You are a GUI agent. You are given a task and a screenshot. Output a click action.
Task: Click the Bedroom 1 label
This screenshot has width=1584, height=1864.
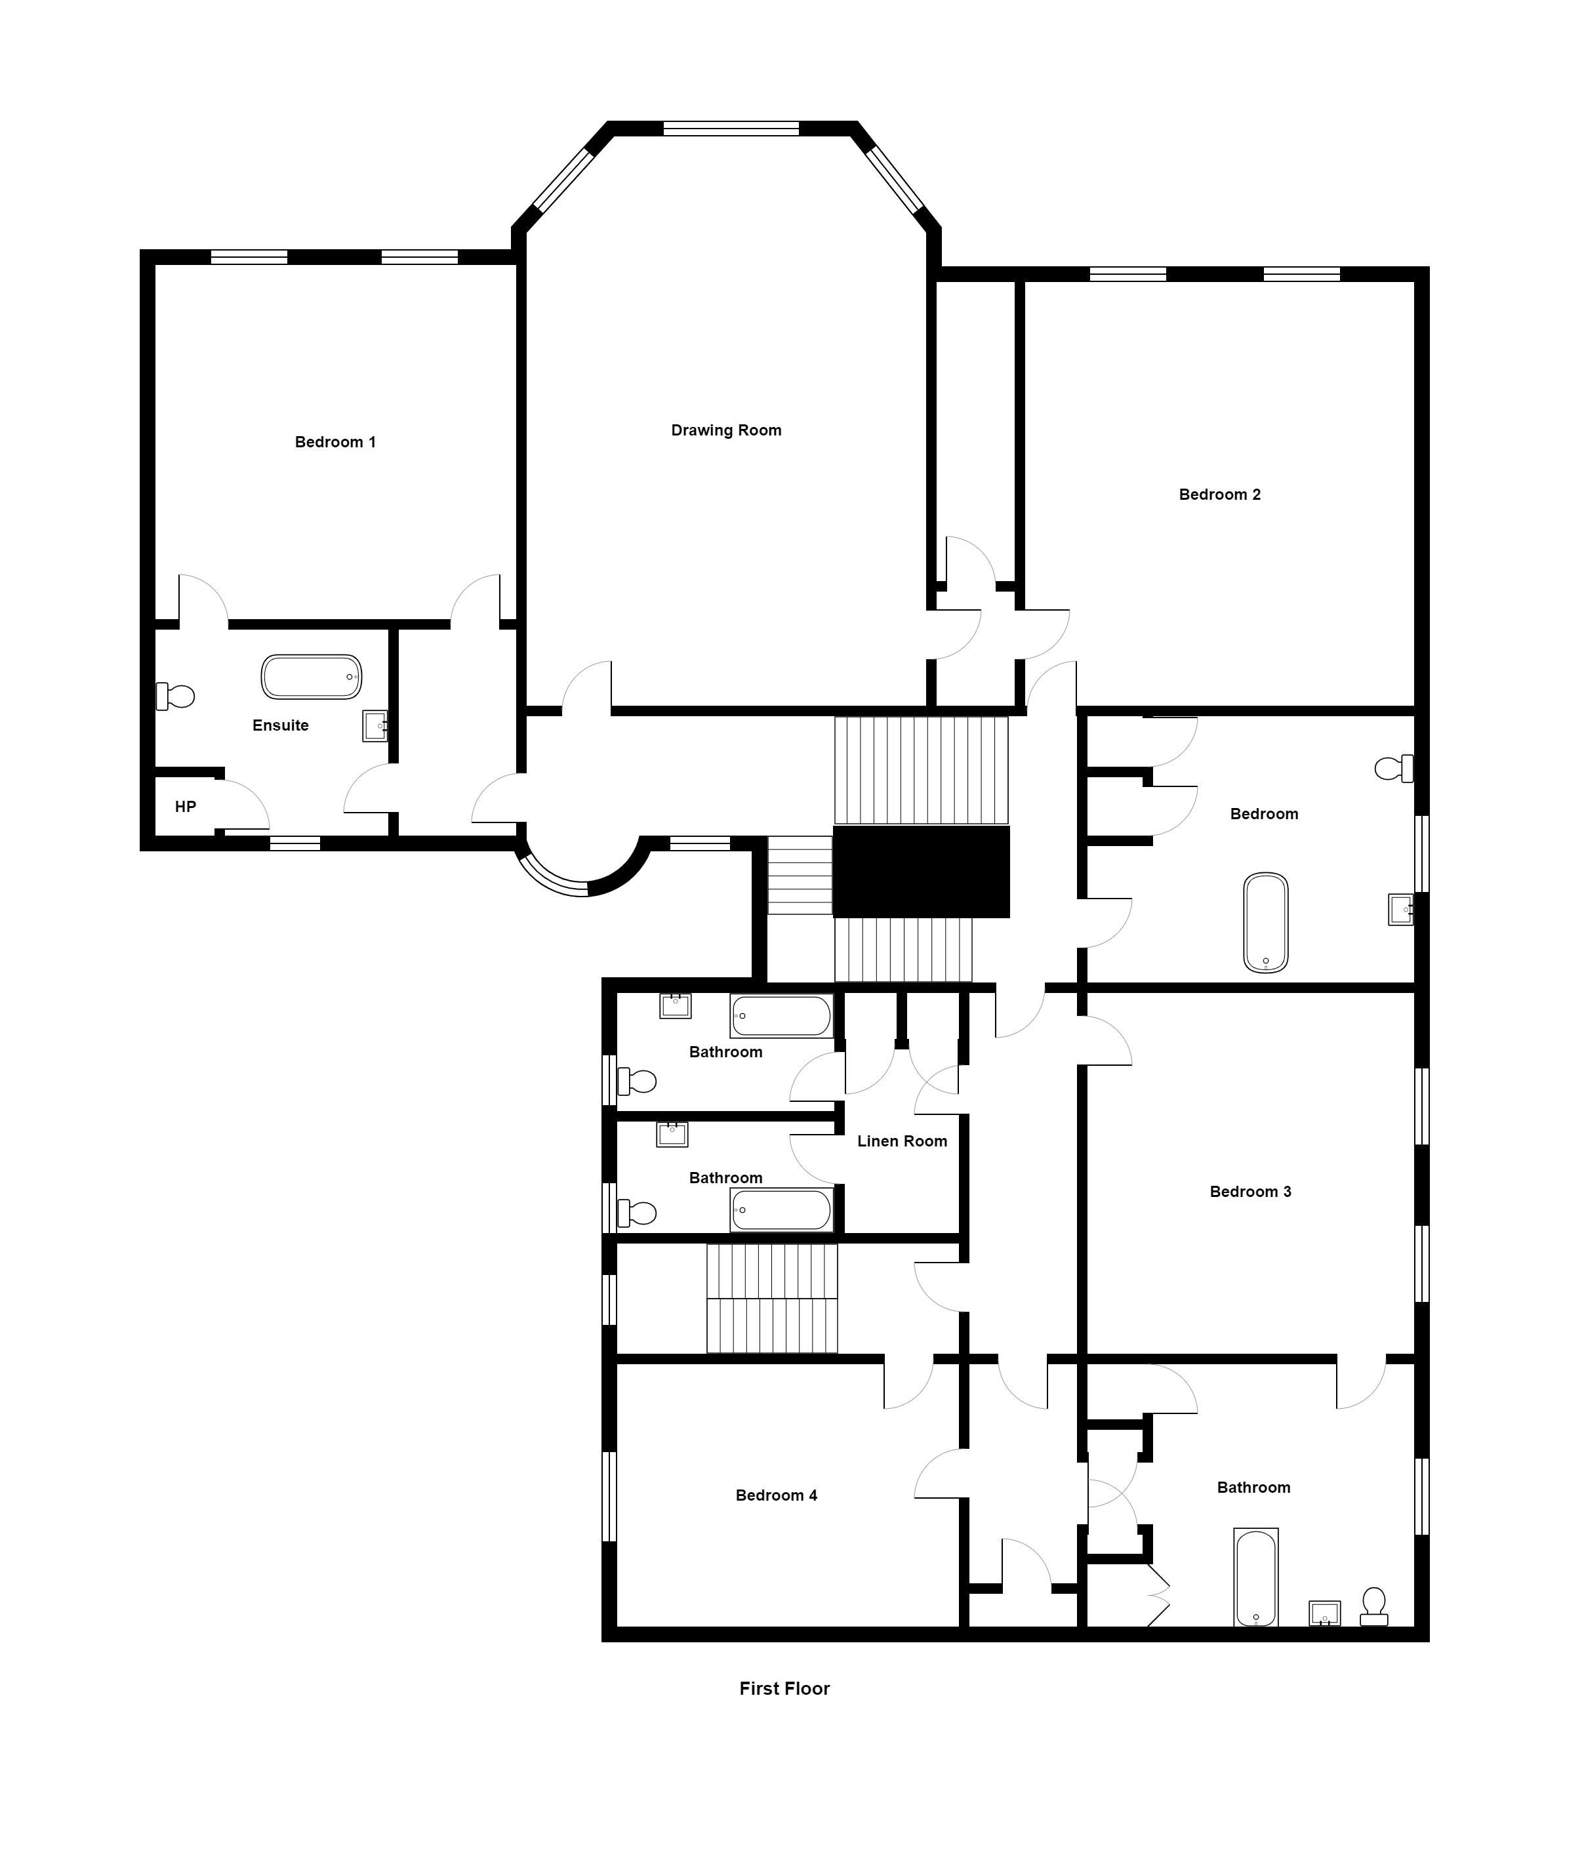(335, 442)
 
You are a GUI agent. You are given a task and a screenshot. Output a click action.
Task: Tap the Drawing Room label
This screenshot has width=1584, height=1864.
(727, 430)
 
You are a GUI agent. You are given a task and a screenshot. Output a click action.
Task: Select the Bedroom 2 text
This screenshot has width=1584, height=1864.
(1219, 495)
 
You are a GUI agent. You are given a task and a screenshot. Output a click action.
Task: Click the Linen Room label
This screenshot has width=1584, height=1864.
(902, 1141)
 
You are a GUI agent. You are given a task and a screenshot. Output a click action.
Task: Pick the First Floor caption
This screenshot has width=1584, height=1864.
(784, 1688)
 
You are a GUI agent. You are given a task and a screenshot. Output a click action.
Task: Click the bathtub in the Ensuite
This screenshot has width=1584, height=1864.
(312, 677)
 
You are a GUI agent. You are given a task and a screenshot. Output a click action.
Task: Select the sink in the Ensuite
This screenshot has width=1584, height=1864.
(375, 725)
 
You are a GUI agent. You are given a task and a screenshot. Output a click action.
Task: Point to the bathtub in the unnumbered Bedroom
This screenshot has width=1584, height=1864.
(1265, 923)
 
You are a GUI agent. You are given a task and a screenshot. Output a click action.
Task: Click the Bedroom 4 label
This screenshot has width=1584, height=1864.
(776, 1495)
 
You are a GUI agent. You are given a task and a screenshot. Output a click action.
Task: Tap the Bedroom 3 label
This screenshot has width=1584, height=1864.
(1250, 1192)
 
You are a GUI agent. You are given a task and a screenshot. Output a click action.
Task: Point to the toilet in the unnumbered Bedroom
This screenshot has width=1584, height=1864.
(1394, 769)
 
